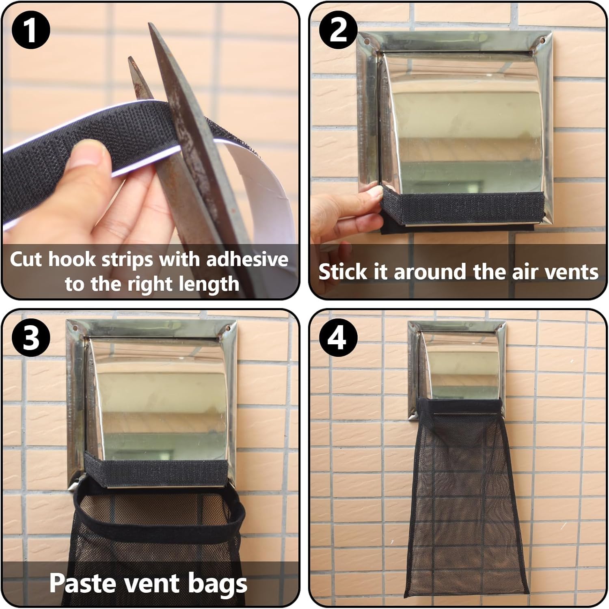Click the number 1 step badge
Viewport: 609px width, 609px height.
tap(30, 30)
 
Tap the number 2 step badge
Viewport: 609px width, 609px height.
tap(338, 30)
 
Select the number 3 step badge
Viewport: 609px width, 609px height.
tap(30, 338)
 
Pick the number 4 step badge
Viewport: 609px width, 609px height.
tap(338, 338)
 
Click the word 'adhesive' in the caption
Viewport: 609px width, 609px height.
tap(248, 259)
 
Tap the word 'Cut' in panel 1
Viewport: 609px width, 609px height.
tap(26, 259)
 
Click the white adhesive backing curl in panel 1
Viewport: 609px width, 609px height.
tap(260, 183)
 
